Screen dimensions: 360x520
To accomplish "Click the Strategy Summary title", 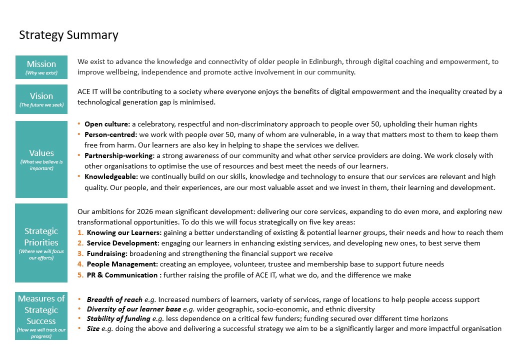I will [68, 35].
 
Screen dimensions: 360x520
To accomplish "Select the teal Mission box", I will [41, 67].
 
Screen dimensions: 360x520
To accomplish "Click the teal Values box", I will [41, 159].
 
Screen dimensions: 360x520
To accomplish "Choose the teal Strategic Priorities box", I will [41, 242].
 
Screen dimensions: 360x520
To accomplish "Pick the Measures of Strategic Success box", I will [41, 316].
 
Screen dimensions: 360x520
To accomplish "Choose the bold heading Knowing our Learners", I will [123, 232].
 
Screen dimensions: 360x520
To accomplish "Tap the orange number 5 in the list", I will [80, 275].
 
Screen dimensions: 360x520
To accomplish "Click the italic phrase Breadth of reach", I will [114, 299].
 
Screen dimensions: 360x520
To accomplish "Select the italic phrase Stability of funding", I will [118, 318].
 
